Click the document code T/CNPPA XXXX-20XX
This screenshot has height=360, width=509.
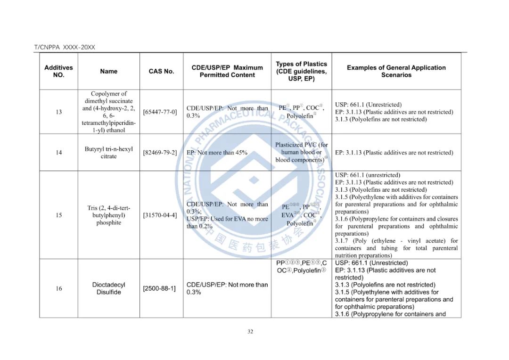[65, 47]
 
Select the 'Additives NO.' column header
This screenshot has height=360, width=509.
[59, 71]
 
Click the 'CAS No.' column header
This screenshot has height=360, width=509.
[161, 71]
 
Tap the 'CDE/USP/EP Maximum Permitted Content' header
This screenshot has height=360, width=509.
[227, 71]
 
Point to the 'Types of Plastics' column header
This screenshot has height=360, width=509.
[301, 71]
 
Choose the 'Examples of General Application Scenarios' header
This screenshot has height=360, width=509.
[396, 71]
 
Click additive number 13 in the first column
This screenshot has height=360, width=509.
[59, 112]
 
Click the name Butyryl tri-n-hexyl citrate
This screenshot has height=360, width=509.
[109, 153]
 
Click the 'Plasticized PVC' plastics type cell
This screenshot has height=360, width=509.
[302, 152]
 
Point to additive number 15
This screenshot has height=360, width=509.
[59, 215]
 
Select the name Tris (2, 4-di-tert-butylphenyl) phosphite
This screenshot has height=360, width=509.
[109, 215]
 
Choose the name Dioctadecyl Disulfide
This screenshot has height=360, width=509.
[109, 288]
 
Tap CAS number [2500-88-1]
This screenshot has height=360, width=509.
[159, 288]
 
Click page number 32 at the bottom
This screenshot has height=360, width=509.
[250, 331]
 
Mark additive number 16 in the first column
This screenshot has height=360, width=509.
[59, 288]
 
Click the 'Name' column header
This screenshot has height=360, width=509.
[109, 71]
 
